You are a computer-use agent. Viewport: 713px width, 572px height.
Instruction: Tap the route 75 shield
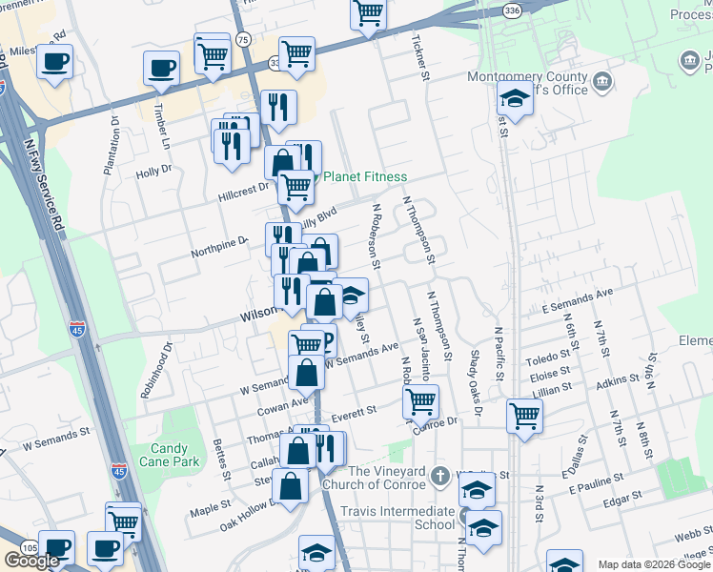click(x=243, y=39)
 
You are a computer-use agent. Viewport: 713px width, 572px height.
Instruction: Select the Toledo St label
click(x=551, y=357)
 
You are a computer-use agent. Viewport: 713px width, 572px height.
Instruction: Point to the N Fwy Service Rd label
click(x=53, y=190)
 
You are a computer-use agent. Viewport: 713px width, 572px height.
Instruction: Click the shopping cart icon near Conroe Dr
click(x=420, y=400)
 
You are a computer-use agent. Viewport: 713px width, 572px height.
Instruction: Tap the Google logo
click(x=31, y=561)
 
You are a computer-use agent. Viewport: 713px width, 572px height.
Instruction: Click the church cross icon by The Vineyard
click(x=438, y=474)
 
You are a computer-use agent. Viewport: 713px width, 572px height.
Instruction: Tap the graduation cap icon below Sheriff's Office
click(x=515, y=98)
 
